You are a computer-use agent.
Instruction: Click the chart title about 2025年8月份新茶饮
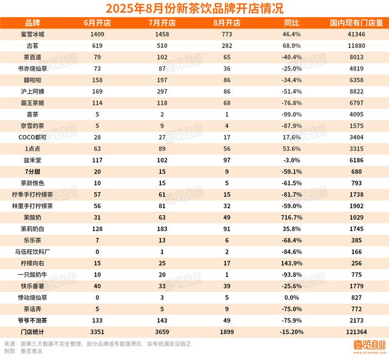pyautogui.click(x=194, y=8)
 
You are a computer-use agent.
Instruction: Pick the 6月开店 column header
pyautogui.click(x=96, y=23)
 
